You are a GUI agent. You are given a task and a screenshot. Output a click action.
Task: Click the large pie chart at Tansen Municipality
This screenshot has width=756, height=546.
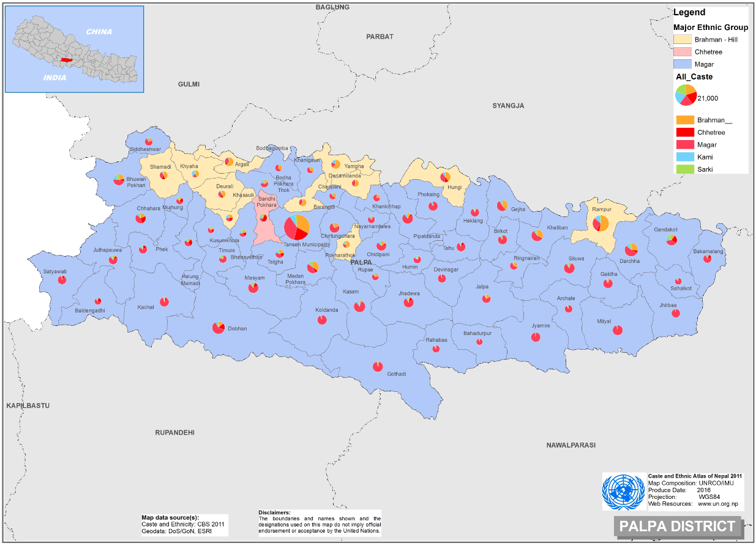(x=296, y=227)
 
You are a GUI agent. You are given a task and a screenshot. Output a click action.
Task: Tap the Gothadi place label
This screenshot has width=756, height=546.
(x=396, y=374)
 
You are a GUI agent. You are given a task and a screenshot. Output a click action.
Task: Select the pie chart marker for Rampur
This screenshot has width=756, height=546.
(x=601, y=223)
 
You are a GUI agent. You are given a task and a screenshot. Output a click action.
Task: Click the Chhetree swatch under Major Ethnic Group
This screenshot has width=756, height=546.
(x=683, y=52)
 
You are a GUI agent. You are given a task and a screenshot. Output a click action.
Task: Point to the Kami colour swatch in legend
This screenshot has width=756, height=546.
(x=684, y=157)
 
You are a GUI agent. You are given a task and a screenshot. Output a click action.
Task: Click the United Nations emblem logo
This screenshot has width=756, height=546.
(x=623, y=492)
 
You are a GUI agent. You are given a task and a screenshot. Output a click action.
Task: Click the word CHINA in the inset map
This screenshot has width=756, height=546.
(x=99, y=32)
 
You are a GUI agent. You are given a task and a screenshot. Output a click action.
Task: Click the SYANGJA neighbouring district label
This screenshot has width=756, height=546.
(x=508, y=106)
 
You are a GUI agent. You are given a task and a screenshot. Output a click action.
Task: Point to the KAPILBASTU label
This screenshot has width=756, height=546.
(x=28, y=406)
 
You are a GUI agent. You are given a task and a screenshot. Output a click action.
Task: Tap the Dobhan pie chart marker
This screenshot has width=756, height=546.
(x=219, y=328)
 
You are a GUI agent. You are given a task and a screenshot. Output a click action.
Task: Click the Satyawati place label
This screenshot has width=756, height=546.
(x=55, y=271)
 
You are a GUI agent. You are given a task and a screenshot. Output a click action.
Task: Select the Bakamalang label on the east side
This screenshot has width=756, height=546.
(x=708, y=251)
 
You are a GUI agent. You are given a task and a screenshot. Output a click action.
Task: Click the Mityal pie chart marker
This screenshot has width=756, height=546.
(x=618, y=330)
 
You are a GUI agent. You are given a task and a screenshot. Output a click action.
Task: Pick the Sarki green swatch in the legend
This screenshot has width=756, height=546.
(x=684, y=169)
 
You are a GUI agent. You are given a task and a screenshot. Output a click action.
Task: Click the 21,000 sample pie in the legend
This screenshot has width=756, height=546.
(x=685, y=95)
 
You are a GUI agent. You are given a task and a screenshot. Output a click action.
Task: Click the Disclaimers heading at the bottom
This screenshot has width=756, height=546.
(x=274, y=512)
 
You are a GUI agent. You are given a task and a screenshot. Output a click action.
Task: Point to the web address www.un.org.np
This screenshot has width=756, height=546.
(x=717, y=504)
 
